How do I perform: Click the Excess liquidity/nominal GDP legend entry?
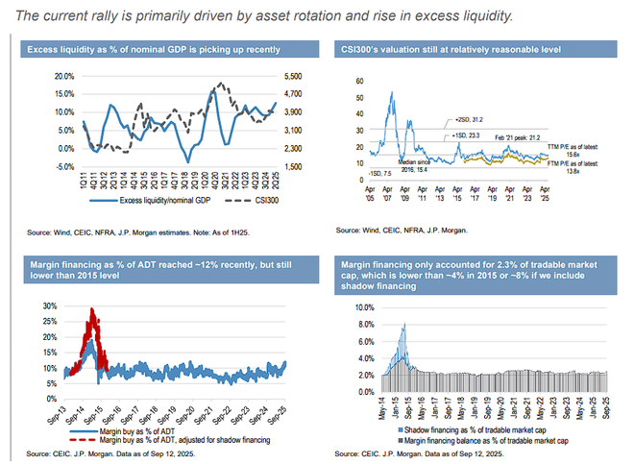tap(142, 202)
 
